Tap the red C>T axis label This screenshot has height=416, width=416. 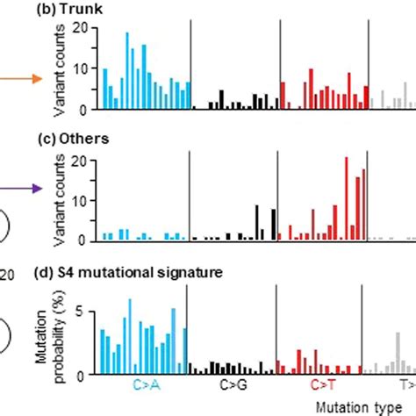click(x=322, y=385)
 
